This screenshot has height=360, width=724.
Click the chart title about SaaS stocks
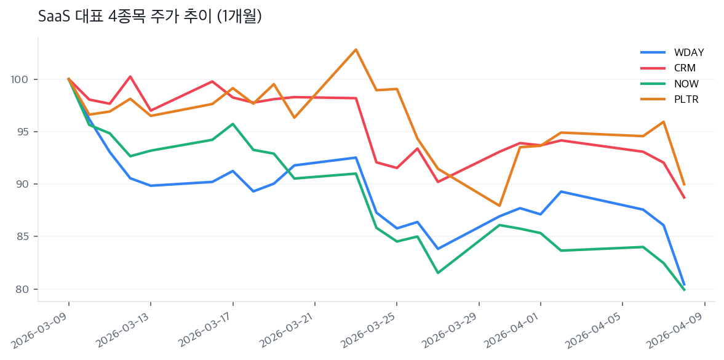point(150,17)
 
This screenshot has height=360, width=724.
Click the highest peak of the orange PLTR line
point(356,49)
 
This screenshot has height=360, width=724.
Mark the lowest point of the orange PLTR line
point(499,206)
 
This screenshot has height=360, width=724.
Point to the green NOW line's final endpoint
point(684,290)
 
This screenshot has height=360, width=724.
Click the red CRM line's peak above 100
point(130,76)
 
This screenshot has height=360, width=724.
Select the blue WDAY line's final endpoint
point(684,284)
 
